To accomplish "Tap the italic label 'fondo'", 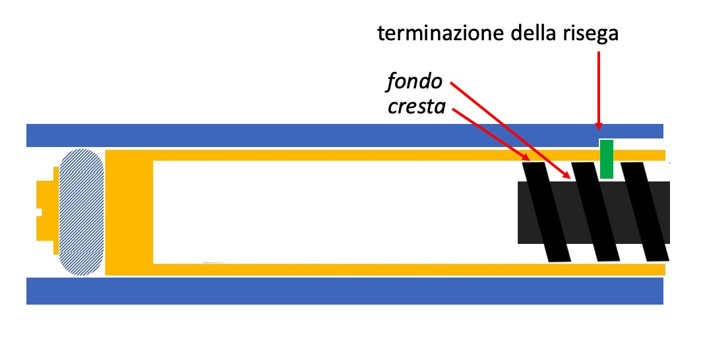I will [x=413, y=83].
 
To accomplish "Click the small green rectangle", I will [x=607, y=159].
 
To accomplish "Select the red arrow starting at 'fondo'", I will [x=508, y=129].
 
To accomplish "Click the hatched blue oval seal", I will [x=81, y=212].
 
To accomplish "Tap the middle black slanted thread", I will [x=595, y=211].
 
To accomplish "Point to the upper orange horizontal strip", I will [x=330, y=156].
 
